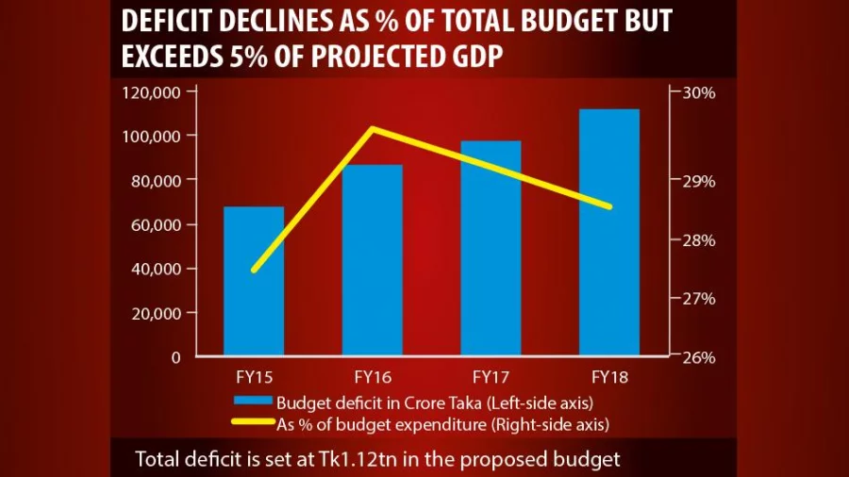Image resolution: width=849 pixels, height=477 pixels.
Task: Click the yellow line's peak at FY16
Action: (373, 128)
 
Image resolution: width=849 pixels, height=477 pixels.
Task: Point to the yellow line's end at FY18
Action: (608, 206)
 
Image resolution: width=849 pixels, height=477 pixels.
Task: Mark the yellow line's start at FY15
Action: (254, 270)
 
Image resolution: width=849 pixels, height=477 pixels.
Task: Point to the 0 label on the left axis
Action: (175, 357)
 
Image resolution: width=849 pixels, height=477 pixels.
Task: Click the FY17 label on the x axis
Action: (491, 378)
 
